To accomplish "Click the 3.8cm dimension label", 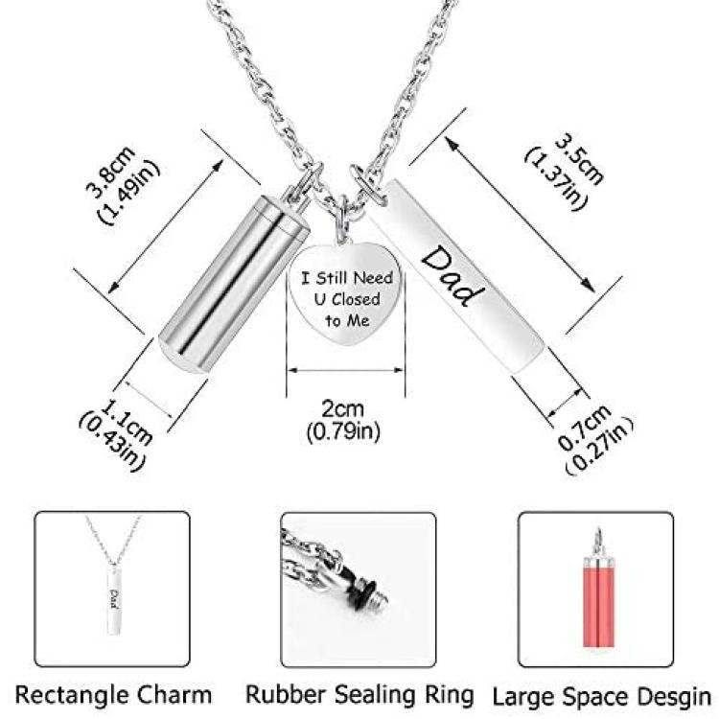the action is (x=111, y=171).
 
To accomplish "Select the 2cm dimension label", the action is (x=343, y=408).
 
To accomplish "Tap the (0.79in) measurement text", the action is (x=343, y=431).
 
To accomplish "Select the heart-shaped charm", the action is (x=345, y=293).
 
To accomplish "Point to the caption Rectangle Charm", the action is (x=113, y=694).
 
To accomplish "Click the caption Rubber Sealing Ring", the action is (x=359, y=694).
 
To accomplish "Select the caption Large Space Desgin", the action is (x=602, y=696).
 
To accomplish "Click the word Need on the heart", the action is (x=374, y=278).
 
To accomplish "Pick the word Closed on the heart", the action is (x=356, y=299).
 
